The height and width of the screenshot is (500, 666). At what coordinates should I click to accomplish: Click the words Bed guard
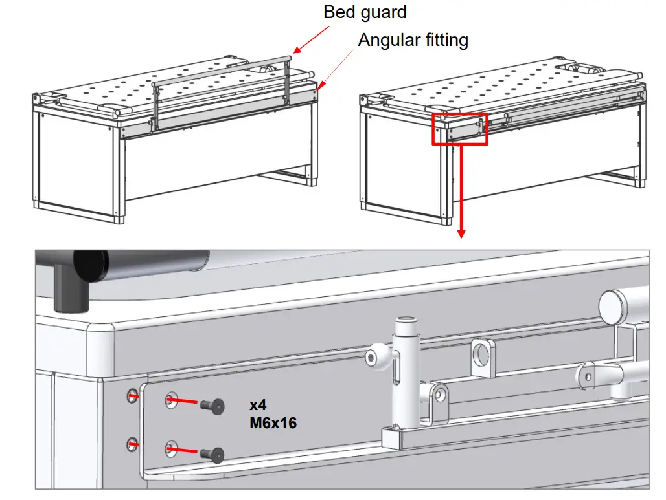(365, 12)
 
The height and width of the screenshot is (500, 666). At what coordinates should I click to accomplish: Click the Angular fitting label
(413, 40)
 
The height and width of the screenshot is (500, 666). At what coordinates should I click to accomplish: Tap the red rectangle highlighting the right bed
(460, 127)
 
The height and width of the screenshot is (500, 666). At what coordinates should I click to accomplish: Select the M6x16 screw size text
(273, 424)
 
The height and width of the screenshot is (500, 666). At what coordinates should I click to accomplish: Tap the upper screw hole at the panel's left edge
(132, 395)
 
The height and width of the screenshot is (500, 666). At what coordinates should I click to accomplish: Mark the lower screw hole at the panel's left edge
(132, 444)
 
